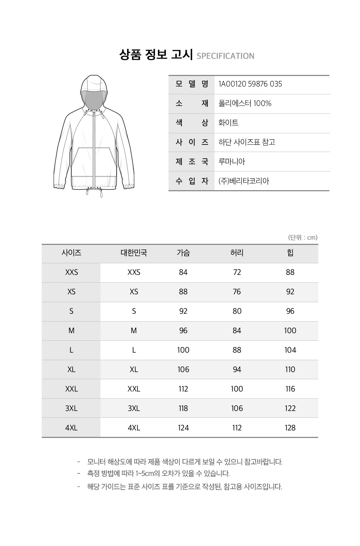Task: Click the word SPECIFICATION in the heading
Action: point(225,56)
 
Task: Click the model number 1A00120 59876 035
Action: point(250,84)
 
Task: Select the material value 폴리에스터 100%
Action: point(245,104)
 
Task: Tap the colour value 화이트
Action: point(228,123)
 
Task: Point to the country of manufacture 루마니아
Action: point(231,162)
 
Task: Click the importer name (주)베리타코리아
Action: point(244,181)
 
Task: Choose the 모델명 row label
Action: point(192,84)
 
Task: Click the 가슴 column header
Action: point(183,253)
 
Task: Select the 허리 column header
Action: point(237,253)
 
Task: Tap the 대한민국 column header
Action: point(134,253)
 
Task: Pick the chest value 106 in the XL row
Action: point(183,370)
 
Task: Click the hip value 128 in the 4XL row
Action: point(290,428)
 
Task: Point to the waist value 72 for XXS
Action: point(237,273)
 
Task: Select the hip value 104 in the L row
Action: point(290,350)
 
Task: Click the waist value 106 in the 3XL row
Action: point(237,408)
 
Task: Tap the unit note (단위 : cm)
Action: point(303,238)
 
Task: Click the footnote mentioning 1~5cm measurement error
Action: point(158,474)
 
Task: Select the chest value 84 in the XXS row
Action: point(183,273)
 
